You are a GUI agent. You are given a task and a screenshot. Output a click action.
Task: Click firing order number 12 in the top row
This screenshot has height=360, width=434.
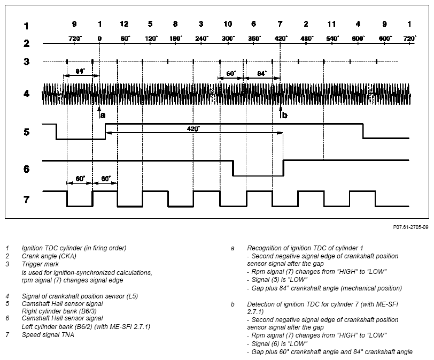(124, 24)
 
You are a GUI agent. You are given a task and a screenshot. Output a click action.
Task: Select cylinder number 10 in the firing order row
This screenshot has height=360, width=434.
(228, 24)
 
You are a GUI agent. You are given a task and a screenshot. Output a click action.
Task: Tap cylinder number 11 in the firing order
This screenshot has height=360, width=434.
(331, 24)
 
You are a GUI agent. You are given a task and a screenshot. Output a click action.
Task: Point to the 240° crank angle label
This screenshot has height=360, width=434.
(202, 39)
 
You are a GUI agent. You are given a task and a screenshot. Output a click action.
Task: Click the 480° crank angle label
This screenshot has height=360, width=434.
(306, 39)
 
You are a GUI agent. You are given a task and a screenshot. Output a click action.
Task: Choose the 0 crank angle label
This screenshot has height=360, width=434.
(99, 39)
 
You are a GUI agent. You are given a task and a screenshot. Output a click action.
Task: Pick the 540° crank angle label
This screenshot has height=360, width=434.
(332, 39)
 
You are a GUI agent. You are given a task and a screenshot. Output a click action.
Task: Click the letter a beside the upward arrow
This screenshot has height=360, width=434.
(103, 115)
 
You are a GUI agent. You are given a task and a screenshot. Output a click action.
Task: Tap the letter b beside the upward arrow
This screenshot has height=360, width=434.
(284, 115)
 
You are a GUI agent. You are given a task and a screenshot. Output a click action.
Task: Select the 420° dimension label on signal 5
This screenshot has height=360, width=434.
(193, 129)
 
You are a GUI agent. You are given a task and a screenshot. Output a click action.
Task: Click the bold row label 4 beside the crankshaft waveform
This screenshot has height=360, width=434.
(26, 94)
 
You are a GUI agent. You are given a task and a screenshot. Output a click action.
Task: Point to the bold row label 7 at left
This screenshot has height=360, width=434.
(26, 200)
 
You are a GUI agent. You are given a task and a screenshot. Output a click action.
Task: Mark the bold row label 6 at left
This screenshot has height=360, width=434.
(26, 168)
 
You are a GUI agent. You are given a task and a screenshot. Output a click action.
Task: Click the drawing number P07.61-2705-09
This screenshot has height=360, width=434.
(410, 227)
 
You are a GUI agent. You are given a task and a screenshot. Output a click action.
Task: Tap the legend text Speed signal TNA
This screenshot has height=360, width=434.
(48, 335)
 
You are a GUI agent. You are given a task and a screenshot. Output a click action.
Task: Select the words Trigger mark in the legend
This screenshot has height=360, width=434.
(40, 264)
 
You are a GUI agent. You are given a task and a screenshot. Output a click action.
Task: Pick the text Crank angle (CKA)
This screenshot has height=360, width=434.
(49, 256)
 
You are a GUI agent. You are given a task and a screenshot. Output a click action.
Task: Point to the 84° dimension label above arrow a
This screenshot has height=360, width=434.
(80, 71)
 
